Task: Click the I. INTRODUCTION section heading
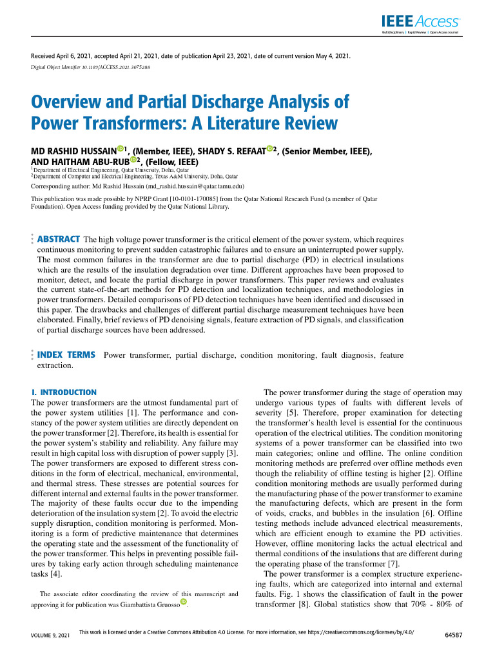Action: [x=64, y=392]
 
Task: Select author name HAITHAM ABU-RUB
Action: [x=91, y=161]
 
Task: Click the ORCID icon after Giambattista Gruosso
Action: [x=189, y=604]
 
